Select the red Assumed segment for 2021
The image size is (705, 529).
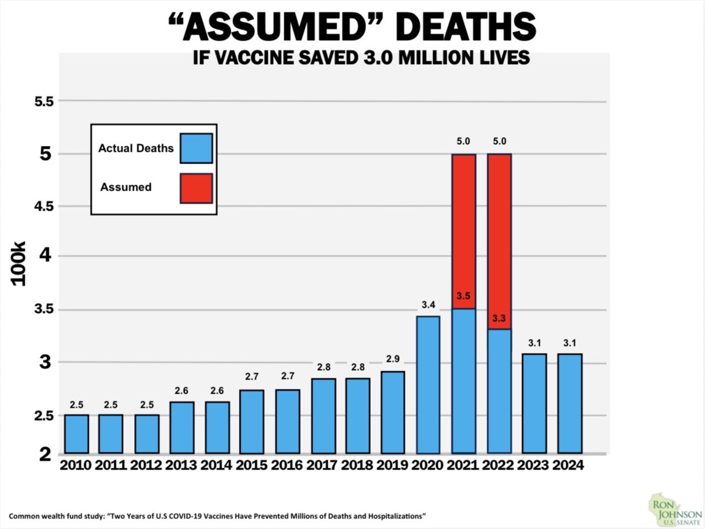tap(464, 231)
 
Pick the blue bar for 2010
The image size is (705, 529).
tap(77, 434)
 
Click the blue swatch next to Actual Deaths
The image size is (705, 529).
tap(196, 148)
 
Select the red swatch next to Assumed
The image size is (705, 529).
tap(196, 188)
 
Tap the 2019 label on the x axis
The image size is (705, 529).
tap(393, 465)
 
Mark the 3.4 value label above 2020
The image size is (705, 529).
tap(428, 305)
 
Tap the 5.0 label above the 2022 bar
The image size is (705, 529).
tap(499, 141)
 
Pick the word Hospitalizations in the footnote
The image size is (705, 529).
tap(390, 516)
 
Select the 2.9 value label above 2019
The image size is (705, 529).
tap(393, 360)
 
